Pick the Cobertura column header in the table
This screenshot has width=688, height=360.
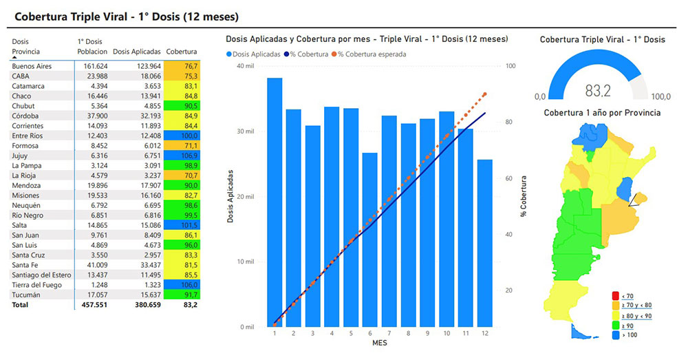(182, 52)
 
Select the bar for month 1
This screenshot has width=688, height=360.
(275, 202)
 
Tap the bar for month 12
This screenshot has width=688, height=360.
(484, 243)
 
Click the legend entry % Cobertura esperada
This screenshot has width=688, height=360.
(372, 54)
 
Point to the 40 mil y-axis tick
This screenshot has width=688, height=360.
(245, 66)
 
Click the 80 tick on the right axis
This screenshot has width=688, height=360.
(510, 123)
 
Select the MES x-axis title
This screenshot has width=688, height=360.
(379, 342)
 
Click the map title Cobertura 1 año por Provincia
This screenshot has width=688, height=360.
(602, 113)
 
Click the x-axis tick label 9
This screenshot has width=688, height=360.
(427, 333)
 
